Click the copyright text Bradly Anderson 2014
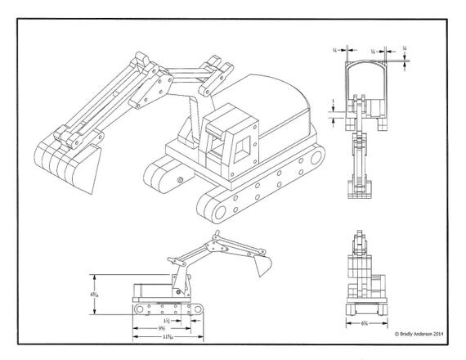click(x=419, y=334)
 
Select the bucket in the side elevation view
click(x=261, y=265)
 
